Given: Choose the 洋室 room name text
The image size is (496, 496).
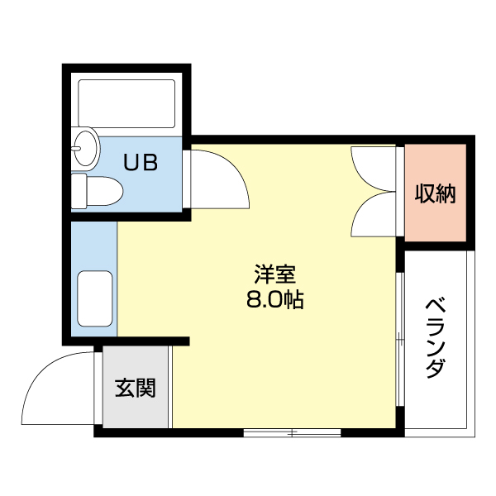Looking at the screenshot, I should tap(274, 274).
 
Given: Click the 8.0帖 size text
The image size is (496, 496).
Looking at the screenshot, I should tap(274, 300).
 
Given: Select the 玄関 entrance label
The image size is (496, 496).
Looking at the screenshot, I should tap(135, 388).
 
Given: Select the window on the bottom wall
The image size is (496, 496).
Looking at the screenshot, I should tap(292, 432).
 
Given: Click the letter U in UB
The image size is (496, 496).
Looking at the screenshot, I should tap(131, 163).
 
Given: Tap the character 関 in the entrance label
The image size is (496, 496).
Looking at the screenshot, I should tap(145, 388).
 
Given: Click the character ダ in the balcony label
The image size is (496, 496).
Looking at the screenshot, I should tap(435, 369).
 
